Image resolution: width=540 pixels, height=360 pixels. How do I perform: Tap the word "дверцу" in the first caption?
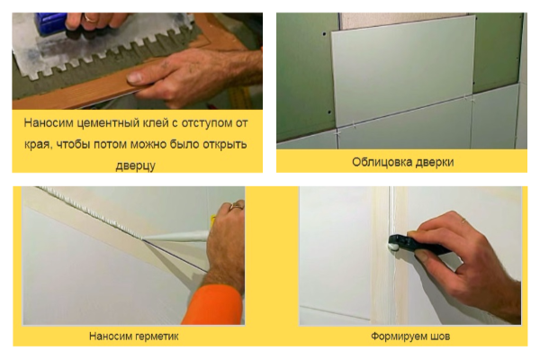(x=135, y=166)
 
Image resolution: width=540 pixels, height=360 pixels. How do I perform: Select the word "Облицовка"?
(x=381, y=162)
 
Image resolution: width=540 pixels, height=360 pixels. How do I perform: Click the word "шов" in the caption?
(x=440, y=337)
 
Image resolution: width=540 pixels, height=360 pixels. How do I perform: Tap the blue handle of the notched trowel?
(x=51, y=23)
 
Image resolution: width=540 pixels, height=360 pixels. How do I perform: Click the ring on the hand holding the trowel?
(x=92, y=18)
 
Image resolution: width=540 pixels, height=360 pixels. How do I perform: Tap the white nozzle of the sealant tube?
(x=175, y=237)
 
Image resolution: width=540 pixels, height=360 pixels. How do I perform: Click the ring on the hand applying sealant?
(x=238, y=206)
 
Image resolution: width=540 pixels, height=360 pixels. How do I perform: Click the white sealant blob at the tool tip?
(x=392, y=247)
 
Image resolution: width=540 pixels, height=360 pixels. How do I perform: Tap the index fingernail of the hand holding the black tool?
(x=420, y=256)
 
